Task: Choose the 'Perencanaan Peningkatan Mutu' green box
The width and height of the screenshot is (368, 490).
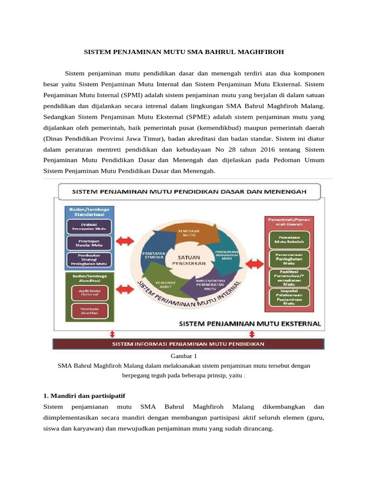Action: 288,259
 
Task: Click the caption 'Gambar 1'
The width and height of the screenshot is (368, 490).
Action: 184,356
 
